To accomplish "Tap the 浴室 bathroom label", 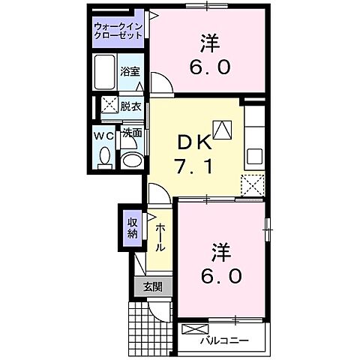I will pyautogui.click(x=130, y=72).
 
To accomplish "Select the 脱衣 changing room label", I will pyautogui.click(x=131, y=106).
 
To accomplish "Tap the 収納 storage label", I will pyautogui.click(x=132, y=226).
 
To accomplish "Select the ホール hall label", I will pyautogui.click(x=160, y=237).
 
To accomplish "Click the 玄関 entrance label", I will pyautogui.click(x=153, y=286).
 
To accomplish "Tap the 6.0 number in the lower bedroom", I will pyautogui.click(x=222, y=276).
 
